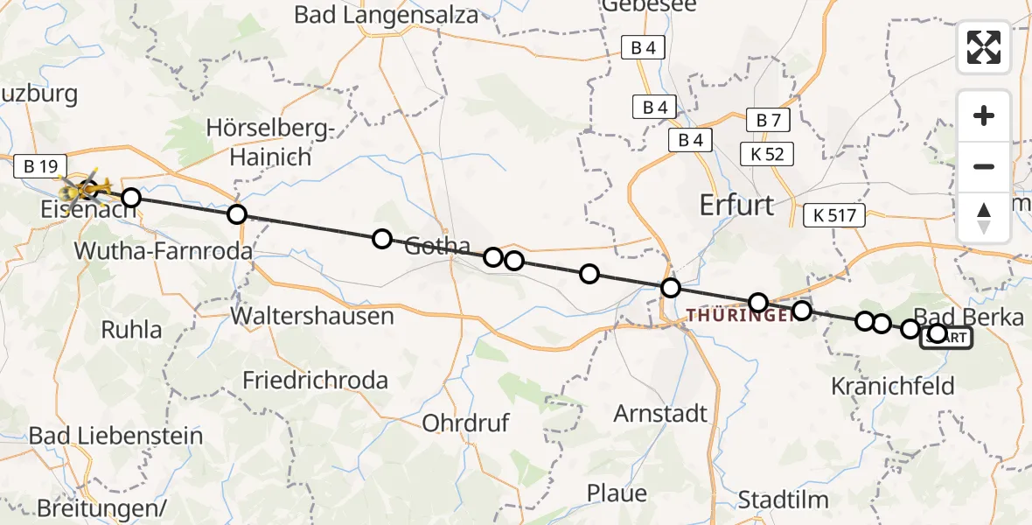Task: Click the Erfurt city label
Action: [736, 205]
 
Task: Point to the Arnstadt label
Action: [660, 413]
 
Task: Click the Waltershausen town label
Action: [312, 315]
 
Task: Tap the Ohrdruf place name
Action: [465, 423]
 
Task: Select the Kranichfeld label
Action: [892, 385]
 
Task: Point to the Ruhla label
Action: [132, 330]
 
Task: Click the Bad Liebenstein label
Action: [115, 436]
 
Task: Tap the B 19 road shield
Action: [41, 164]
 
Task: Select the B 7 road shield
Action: [767, 121]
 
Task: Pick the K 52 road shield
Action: [767, 155]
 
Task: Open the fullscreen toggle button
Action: [984, 47]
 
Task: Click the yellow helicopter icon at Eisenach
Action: [84, 186]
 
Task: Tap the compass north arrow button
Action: [984, 217]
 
